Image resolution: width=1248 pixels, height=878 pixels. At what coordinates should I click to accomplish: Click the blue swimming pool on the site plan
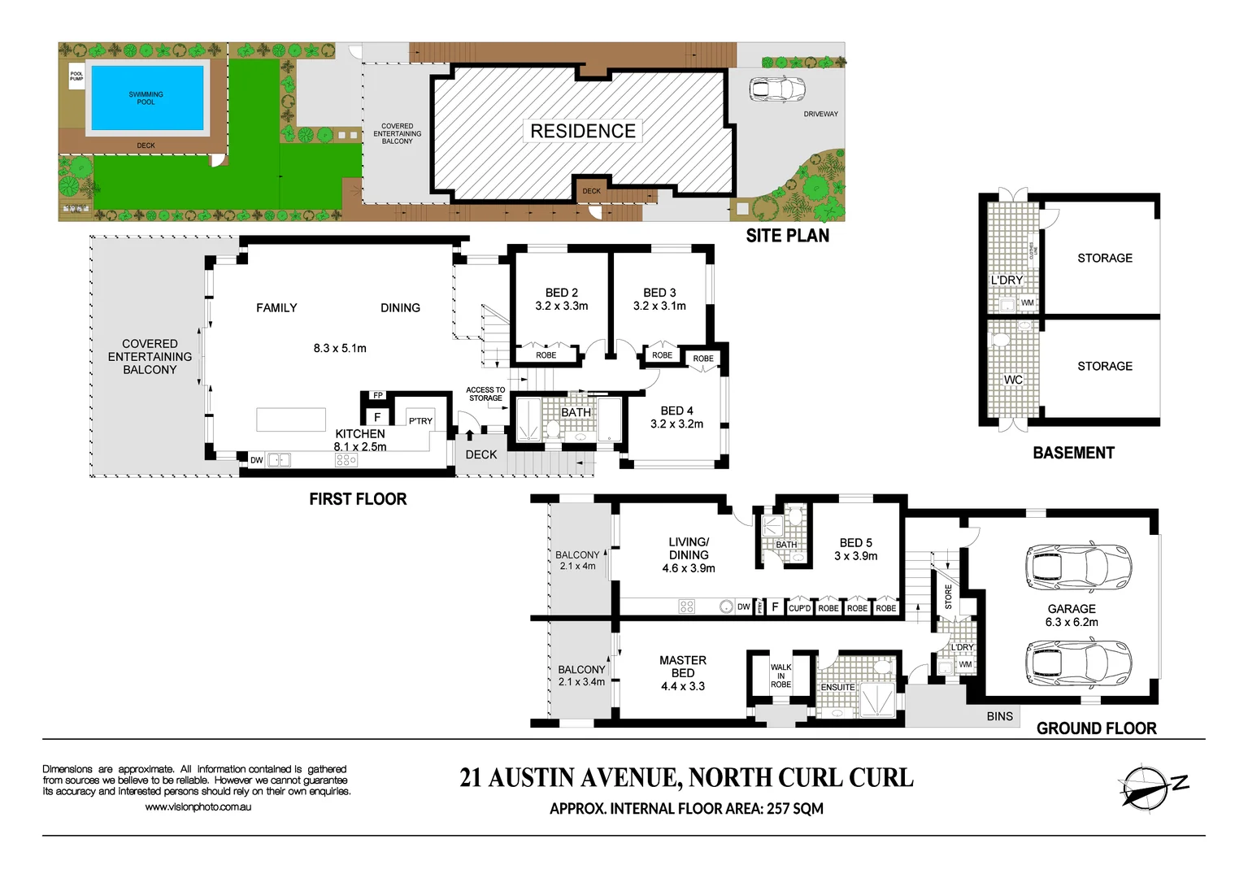pyautogui.click(x=146, y=98)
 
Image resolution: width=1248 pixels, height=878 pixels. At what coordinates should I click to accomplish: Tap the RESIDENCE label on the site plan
pyautogui.click(x=583, y=131)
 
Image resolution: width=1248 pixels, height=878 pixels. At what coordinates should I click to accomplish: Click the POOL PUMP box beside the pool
pyautogui.click(x=76, y=76)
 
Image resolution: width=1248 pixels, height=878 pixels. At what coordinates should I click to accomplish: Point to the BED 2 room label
pyautogui.click(x=561, y=293)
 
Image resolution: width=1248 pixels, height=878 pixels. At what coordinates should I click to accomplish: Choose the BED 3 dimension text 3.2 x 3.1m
pyautogui.click(x=659, y=306)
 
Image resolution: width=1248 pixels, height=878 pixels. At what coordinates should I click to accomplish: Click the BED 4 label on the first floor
pyautogui.click(x=676, y=411)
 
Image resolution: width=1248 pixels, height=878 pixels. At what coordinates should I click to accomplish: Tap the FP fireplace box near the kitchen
pyautogui.click(x=378, y=396)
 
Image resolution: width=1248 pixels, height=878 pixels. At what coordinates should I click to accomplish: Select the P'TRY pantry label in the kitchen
pyautogui.click(x=420, y=421)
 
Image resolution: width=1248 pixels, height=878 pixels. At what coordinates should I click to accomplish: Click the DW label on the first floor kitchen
pyautogui.click(x=256, y=460)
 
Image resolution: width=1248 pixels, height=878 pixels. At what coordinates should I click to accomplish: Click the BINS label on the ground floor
pyautogui.click(x=999, y=716)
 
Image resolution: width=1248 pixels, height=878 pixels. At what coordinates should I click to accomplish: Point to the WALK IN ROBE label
pyautogui.click(x=781, y=676)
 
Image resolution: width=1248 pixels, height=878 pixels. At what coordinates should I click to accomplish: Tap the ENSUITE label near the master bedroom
pyautogui.click(x=837, y=688)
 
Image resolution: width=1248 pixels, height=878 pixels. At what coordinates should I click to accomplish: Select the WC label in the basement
pyautogui.click(x=1012, y=380)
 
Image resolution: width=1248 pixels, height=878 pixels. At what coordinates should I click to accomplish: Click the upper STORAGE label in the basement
pyautogui.click(x=1104, y=258)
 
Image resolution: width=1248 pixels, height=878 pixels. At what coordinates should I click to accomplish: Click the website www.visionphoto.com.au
pyautogui.click(x=198, y=807)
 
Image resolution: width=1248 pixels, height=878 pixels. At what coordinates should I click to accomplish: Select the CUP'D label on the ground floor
pyautogui.click(x=799, y=608)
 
